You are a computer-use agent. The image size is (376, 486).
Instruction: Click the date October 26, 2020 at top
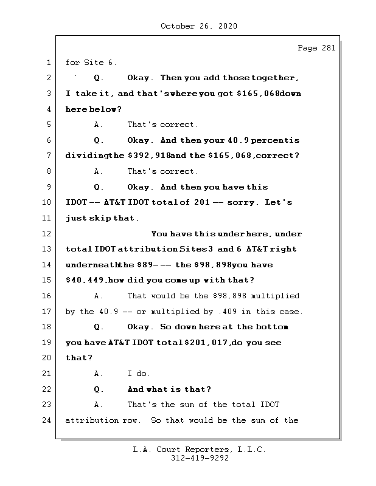coord(199,26)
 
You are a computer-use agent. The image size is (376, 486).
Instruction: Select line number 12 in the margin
coord(47,234)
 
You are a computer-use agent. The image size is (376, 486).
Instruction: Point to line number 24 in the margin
coord(47,420)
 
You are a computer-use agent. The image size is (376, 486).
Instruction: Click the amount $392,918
coord(148,156)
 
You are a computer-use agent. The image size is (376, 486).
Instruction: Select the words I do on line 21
coord(139,374)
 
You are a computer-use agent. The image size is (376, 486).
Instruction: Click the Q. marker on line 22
coord(99,389)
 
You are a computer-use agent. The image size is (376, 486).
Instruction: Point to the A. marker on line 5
coord(99,125)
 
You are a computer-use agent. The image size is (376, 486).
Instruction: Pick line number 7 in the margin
coord(47,156)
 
